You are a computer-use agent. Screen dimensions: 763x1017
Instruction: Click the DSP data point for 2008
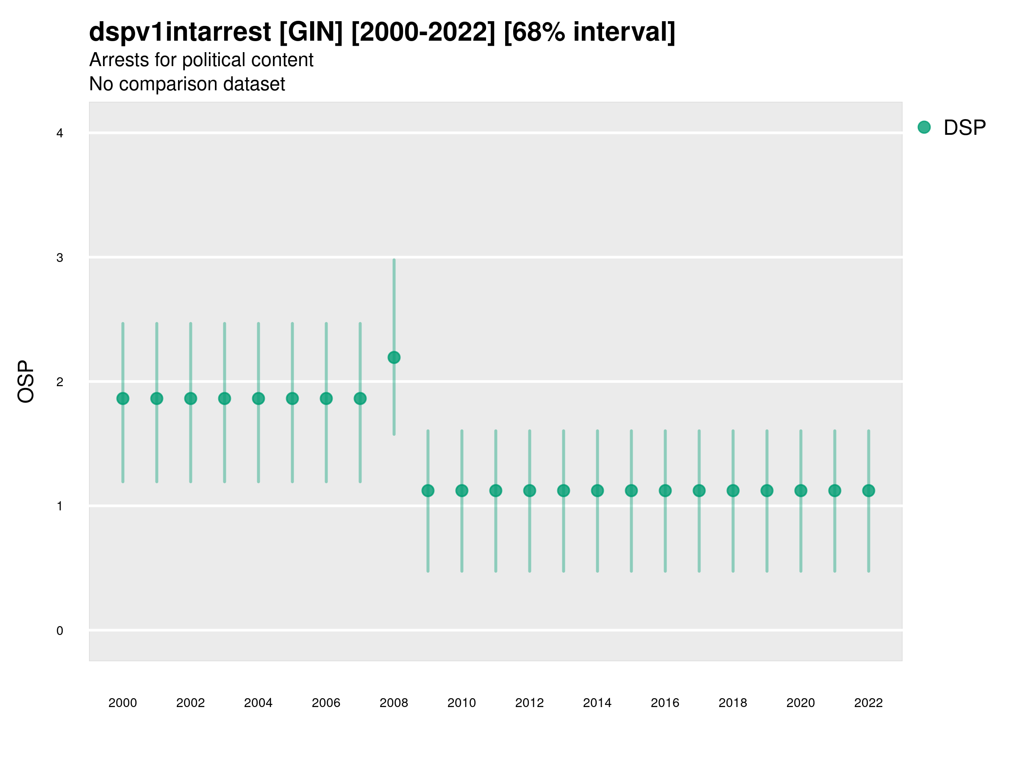pyautogui.click(x=394, y=357)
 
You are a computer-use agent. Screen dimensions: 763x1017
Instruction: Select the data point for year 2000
pyautogui.click(x=123, y=398)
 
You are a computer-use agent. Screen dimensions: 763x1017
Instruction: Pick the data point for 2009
pyautogui.click(x=428, y=491)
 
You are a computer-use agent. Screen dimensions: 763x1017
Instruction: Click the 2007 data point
pyautogui.click(x=360, y=398)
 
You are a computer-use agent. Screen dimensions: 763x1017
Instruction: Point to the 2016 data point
pyautogui.click(x=665, y=491)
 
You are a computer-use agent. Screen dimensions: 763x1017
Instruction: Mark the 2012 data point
pyautogui.click(x=530, y=491)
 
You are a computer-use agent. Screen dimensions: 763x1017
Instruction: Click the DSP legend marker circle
pyautogui.click(x=924, y=127)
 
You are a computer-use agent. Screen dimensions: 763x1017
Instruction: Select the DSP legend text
pyautogui.click(x=964, y=128)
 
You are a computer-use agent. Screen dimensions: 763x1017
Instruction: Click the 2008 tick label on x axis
pyautogui.click(x=394, y=703)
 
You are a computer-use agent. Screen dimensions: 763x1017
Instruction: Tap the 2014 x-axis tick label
pyautogui.click(x=597, y=703)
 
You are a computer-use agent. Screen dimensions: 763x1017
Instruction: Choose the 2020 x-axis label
pyautogui.click(x=800, y=703)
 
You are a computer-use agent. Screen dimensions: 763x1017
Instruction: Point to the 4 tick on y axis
pyautogui.click(x=60, y=134)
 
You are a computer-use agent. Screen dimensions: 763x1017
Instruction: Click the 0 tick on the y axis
pyautogui.click(x=60, y=631)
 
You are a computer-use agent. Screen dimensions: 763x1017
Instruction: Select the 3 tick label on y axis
pyautogui.click(x=60, y=258)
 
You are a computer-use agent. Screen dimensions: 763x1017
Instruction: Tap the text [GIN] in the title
pyautogui.click(x=311, y=32)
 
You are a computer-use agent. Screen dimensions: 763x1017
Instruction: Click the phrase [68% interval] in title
pyautogui.click(x=589, y=32)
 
